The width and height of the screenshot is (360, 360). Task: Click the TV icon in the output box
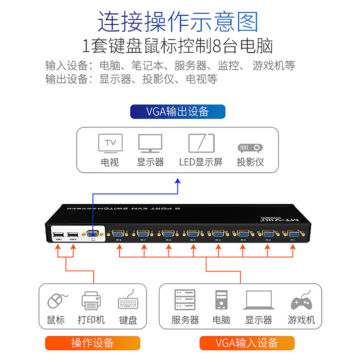tap(111, 144)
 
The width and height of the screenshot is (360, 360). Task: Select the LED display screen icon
tap(201, 144)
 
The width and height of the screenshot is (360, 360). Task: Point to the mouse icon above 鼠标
tap(57, 301)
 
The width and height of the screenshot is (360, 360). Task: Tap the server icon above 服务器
tap(185, 300)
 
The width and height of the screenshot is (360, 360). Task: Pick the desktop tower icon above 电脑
tap(221, 300)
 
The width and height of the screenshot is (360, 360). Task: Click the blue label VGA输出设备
tap(178, 111)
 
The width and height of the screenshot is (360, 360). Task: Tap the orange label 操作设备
tap(92, 343)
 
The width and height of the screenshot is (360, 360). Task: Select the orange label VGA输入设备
tap(247, 343)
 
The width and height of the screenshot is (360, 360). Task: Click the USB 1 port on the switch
tap(58, 234)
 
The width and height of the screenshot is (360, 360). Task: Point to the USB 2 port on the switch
tap(73, 234)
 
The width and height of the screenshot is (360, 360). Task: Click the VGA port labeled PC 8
tap(119, 234)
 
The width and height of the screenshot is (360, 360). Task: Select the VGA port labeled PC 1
tap(294, 234)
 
